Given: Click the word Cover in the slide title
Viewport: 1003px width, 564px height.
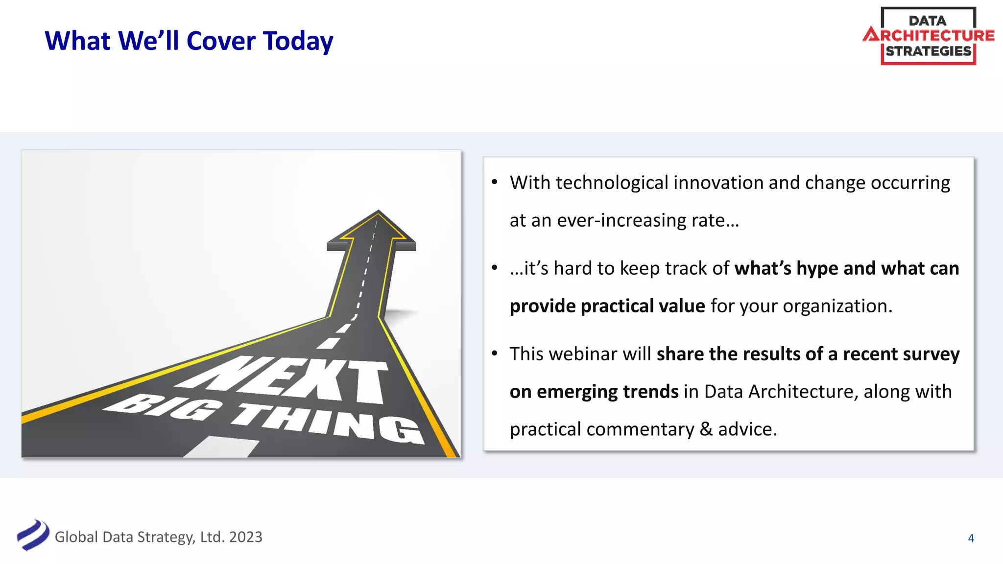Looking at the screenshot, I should pos(221,41).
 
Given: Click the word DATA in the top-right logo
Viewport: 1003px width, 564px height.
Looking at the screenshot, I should pos(927,21).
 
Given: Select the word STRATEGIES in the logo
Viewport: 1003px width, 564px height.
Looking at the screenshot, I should pos(928,51).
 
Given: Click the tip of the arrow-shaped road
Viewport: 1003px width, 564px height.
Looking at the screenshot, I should pos(378,212).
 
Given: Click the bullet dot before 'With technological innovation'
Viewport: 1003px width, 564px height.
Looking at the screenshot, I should pos(495,183).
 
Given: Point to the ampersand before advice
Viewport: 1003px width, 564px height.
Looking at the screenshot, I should pos(706,429).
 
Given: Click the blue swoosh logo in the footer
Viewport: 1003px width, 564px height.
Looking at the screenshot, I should pos(33,535).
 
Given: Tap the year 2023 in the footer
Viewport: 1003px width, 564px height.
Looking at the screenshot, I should pos(245,537).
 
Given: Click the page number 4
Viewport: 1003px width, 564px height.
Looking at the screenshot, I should pos(971,538).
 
